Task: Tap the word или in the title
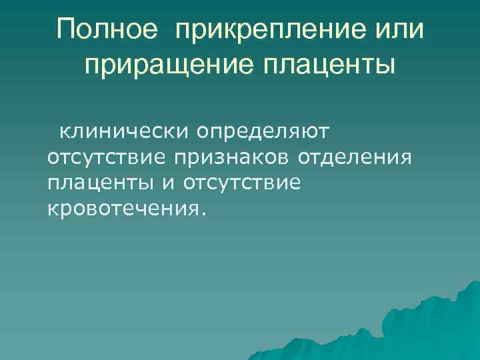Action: pyautogui.click(x=397, y=30)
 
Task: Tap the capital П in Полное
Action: pyautogui.click(x=66, y=30)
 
